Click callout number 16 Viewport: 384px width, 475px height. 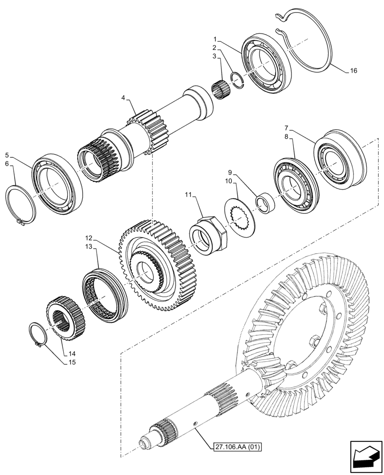353,71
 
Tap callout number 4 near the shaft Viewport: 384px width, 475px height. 124,98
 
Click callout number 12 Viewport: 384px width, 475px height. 89,237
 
